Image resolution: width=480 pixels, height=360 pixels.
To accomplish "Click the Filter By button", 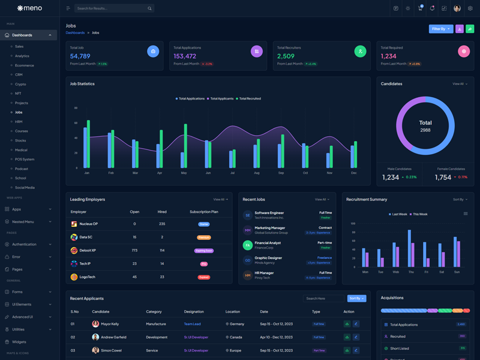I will tap(441, 29).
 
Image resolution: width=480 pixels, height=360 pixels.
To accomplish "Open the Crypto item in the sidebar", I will tap(20, 84).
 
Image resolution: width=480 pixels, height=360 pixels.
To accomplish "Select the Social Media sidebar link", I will tap(25, 187).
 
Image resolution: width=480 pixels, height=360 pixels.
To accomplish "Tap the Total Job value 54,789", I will tap(80, 56).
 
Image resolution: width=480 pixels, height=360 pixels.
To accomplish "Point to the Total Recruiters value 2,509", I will tap(286, 56).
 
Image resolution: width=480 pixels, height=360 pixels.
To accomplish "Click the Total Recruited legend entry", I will tap(250, 98).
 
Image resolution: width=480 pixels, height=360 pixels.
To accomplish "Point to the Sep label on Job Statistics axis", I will tap(281, 173).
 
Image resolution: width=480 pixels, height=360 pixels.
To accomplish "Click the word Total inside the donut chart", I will tap(425, 122).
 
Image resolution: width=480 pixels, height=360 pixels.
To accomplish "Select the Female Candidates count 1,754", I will tap(443, 178).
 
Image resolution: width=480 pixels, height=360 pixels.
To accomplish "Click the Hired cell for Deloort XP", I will tap(162, 250).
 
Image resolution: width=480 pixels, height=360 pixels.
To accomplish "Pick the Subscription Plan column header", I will tap(204, 212).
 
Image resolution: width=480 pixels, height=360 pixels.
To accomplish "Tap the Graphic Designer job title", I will tap(268, 258).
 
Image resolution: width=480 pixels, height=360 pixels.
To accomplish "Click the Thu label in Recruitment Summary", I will tap(411, 272).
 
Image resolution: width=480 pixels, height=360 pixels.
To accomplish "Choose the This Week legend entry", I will tap(420, 214).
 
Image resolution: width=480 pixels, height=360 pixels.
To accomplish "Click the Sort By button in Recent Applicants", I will tap(356, 298).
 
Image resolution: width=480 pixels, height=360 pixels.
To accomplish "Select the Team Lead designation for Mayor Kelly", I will tap(192, 324).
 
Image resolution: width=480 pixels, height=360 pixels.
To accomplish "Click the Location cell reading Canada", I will tap(236, 337).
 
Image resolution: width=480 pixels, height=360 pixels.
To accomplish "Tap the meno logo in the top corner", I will tap(29, 8).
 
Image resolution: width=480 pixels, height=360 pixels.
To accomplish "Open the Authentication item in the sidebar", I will tap(24, 244).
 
